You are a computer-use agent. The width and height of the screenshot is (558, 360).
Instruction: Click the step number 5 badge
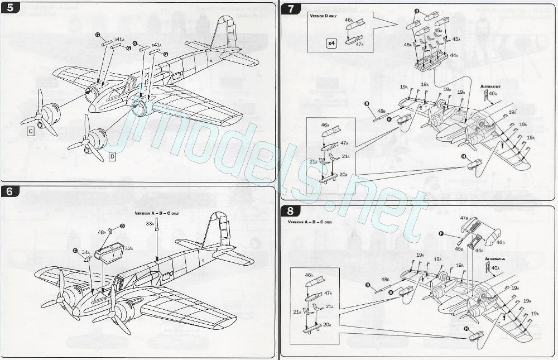click(9, 8)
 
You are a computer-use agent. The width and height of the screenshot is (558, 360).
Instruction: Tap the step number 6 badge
click(9, 191)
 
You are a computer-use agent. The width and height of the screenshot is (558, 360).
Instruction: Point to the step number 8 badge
click(290, 211)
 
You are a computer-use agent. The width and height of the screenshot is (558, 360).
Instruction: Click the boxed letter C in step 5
click(31, 131)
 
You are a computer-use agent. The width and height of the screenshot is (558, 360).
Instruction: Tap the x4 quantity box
click(331, 43)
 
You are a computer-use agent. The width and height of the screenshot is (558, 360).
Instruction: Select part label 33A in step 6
click(150, 223)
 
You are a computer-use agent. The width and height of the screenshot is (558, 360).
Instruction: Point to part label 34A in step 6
click(85, 252)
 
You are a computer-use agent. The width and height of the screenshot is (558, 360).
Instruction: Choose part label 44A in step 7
click(454, 55)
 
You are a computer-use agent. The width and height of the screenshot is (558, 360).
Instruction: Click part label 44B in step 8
click(478, 251)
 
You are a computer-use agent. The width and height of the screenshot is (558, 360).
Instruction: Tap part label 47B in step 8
click(464, 218)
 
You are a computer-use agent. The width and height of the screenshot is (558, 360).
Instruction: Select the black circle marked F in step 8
click(441, 234)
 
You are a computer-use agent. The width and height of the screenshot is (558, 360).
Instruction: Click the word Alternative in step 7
click(490, 87)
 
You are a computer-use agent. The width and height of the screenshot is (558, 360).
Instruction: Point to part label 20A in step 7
click(343, 175)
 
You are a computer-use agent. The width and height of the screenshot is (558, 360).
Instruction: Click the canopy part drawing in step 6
click(110, 252)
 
